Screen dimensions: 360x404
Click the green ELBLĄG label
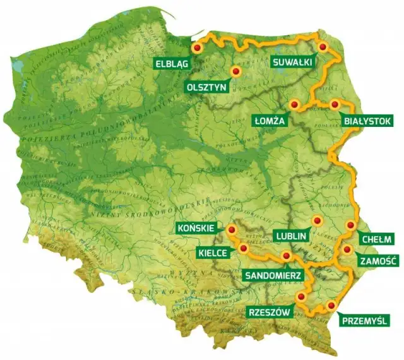pos(172,63)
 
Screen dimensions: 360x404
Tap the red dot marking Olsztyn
pos(236,72)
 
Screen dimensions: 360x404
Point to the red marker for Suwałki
pos(323,47)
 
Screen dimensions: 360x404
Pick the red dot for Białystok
pos(334,104)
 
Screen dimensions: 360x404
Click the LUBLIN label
pos(291,236)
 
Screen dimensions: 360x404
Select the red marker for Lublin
pos(317,220)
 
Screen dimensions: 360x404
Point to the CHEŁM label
pos(378,239)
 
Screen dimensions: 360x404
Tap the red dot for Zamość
pos(346,249)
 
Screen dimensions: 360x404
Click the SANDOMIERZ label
pos(272,275)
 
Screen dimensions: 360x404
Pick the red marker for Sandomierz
pos(287,256)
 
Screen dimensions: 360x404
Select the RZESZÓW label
pos(270,312)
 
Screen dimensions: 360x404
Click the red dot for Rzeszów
pos(301,296)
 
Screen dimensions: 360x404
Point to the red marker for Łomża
pos(294,104)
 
